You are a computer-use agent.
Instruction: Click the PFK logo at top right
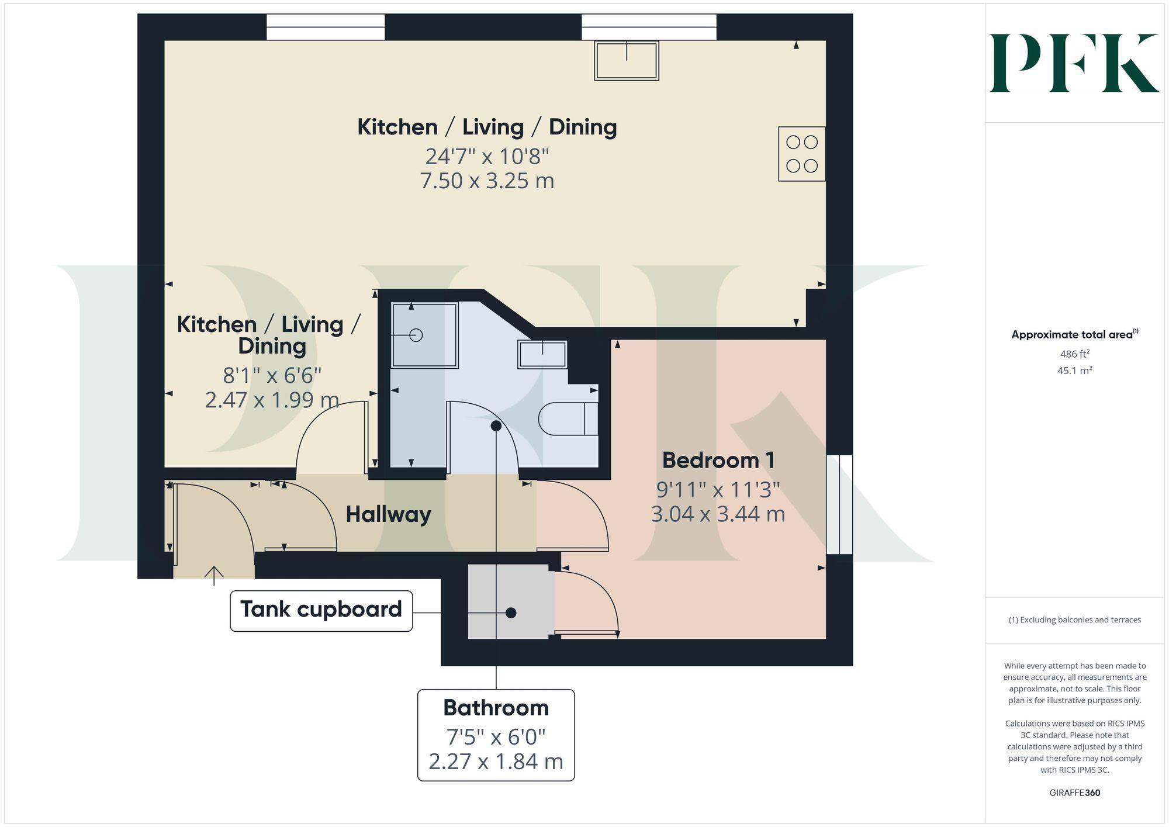click(x=1074, y=63)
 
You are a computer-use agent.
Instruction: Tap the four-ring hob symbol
click(x=801, y=154)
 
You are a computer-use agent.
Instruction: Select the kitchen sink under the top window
click(x=627, y=60)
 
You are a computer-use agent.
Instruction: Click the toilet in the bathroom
click(x=567, y=418)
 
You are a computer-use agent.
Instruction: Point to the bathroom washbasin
click(x=542, y=355)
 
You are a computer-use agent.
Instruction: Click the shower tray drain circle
click(x=416, y=335)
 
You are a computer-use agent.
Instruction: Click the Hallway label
click(x=388, y=514)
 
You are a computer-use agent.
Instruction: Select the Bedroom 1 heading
click(x=718, y=461)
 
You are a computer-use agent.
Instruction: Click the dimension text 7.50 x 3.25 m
click(x=487, y=181)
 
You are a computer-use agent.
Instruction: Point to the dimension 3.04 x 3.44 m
click(x=718, y=514)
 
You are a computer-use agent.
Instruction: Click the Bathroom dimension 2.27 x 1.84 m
click(x=496, y=762)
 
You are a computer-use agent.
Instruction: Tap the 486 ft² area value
click(x=1074, y=354)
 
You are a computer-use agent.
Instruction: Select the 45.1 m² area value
click(x=1074, y=371)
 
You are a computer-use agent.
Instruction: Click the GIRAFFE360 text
click(x=1074, y=793)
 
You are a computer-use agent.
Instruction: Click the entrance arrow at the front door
click(x=214, y=575)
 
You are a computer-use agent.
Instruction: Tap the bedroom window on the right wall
click(x=839, y=504)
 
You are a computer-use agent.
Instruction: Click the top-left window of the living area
click(x=326, y=27)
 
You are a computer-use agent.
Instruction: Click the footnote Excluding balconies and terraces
click(x=1074, y=620)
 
